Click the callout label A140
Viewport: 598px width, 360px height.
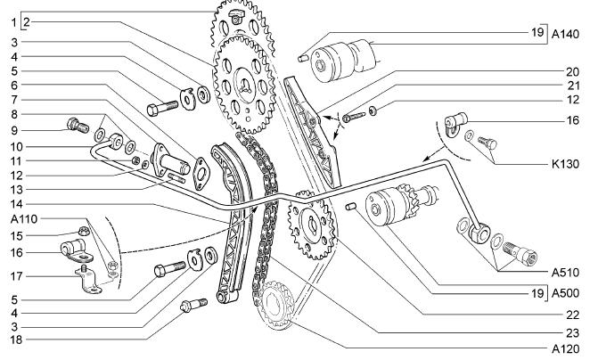pyautogui.click(x=565, y=35)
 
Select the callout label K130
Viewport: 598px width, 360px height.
pyautogui.click(x=565, y=164)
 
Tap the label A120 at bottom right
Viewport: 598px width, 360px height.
pyautogui.click(x=565, y=349)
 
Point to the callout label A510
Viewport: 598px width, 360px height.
pyautogui.click(x=565, y=273)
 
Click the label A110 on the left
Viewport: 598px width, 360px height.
pyautogui.click(x=24, y=219)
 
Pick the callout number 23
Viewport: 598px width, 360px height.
pyautogui.click(x=572, y=333)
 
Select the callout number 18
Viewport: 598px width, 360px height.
pyautogui.click(x=16, y=340)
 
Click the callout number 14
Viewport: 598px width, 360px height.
pyautogui.click(x=16, y=204)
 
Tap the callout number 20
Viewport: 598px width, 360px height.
pyautogui.click(x=572, y=72)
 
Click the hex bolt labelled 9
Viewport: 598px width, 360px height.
pyautogui.click(x=78, y=125)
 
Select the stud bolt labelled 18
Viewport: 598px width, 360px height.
pyautogui.click(x=193, y=305)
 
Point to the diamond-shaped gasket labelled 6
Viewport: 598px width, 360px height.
pyautogui.click(x=201, y=173)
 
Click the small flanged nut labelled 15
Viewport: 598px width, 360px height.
pyautogui.click(x=84, y=231)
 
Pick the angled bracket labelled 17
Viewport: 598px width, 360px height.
pyautogui.click(x=89, y=281)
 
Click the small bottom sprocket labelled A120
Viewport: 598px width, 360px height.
pyautogui.click(x=274, y=305)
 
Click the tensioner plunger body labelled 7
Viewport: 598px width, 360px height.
pyautogui.click(x=169, y=162)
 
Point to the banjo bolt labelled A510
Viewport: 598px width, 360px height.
pyautogui.click(x=520, y=253)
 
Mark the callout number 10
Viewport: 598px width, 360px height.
pyautogui.click(x=16, y=147)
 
